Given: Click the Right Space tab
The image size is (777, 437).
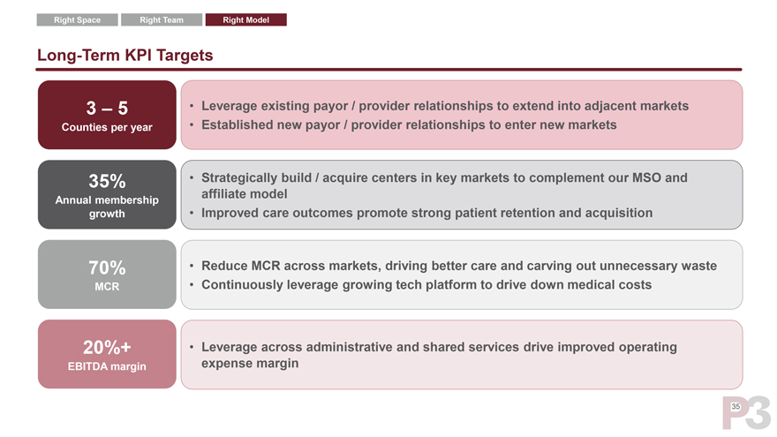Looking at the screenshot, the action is pyautogui.click(x=78, y=19).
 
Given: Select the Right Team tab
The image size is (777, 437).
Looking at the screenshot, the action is pyautogui.click(x=162, y=19).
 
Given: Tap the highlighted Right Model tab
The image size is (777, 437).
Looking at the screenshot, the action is pyautogui.click(x=245, y=19).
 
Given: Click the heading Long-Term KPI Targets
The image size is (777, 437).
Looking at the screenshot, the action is pyautogui.click(x=124, y=55).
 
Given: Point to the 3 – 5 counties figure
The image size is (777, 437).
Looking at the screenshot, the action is pyautogui.click(x=107, y=108).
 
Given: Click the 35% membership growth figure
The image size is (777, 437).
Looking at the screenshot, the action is pyautogui.click(x=107, y=181).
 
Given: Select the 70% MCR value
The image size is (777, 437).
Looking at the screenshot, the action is pyautogui.click(x=107, y=267).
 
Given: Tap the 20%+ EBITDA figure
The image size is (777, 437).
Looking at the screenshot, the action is pyautogui.click(x=107, y=347).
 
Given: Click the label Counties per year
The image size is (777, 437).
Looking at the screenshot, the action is pyautogui.click(x=107, y=127).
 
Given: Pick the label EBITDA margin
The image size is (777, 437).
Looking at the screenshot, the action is pyautogui.click(x=107, y=366).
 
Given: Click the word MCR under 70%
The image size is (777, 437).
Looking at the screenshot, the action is pyautogui.click(x=107, y=287).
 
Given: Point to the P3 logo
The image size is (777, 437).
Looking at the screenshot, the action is pyautogui.click(x=747, y=413).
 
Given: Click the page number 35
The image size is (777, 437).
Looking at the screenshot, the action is pyautogui.click(x=736, y=407).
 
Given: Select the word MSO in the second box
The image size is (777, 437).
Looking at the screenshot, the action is pyautogui.click(x=646, y=177).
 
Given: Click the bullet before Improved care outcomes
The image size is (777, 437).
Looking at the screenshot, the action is pyautogui.click(x=192, y=213).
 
